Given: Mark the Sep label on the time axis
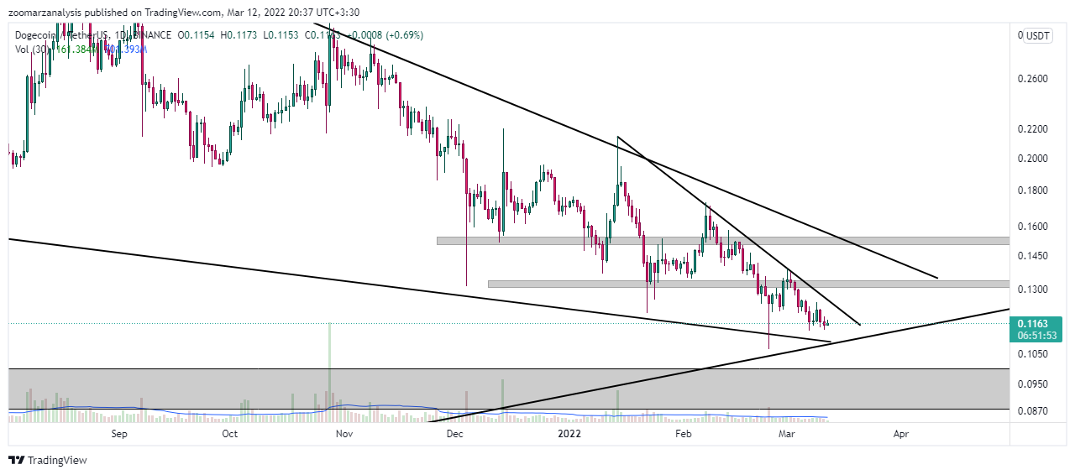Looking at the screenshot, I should [118, 434].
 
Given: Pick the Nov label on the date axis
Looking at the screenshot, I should [343, 434].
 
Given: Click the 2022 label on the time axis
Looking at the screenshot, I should [569, 434].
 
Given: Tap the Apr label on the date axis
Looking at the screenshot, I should [901, 434].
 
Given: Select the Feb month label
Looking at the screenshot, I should [683, 434].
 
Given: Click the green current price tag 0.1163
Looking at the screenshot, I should [1036, 323].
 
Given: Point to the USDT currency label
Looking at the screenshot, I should [1038, 36].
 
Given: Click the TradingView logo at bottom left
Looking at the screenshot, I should [48, 460].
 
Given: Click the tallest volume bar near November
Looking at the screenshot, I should [329, 369].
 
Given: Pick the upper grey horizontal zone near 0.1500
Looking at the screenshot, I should [722, 241].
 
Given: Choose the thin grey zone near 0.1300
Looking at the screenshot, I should [747, 284].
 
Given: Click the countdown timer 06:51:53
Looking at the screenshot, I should [1036, 335].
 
